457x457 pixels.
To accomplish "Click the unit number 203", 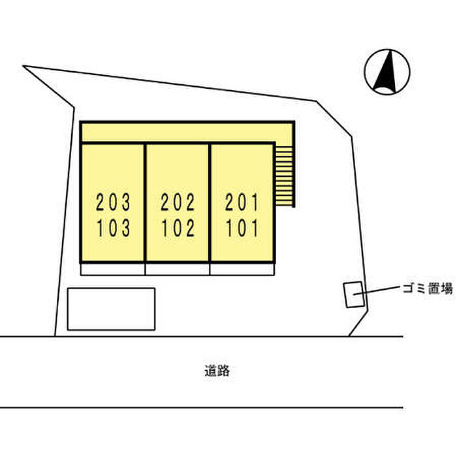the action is click(x=113, y=202).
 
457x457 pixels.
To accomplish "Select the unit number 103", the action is click(x=113, y=228).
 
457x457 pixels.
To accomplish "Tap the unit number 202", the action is click(x=178, y=202).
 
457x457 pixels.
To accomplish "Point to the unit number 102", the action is click(x=178, y=228).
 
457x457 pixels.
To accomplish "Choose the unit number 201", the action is click(x=242, y=202).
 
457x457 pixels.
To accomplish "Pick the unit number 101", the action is click(x=242, y=228).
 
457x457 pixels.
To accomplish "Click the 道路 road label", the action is click(x=217, y=371).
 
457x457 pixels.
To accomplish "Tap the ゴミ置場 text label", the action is click(x=428, y=289).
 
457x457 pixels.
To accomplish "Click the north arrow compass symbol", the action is click(x=387, y=72).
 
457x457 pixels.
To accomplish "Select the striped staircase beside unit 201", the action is click(x=285, y=176).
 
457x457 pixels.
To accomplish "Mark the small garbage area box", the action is click(x=354, y=294).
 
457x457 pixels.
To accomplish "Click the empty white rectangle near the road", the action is click(x=111, y=309).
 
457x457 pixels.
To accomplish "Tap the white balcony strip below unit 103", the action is click(x=112, y=269).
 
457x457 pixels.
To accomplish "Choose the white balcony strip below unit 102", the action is click(x=177, y=269).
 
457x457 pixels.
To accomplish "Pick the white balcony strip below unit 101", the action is click(x=242, y=269).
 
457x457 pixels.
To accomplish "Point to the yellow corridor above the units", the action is click(x=187, y=133).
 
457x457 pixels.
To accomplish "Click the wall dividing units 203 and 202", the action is click(x=145, y=202).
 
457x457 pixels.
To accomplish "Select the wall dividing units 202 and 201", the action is click(x=210, y=202).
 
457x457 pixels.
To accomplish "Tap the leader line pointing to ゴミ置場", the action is click(x=377, y=291).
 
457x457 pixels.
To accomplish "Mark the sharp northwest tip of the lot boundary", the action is click(x=23, y=66).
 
